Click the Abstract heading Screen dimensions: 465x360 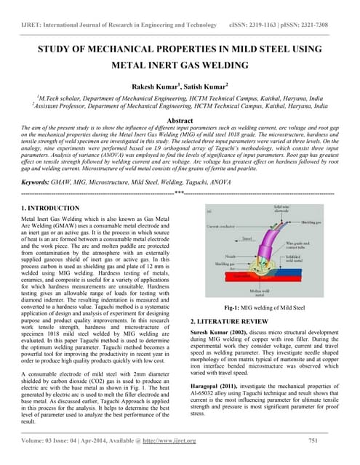[x=180, y=121]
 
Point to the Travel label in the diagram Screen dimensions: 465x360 [x=246, y=237]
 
